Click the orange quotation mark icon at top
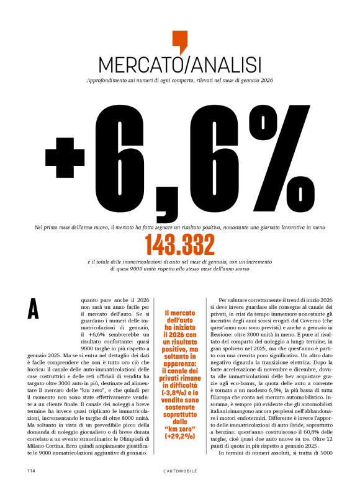tap(179, 41)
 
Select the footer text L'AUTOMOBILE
tap(179, 471)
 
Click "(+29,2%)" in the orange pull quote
tap(179, 437)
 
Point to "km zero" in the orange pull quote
tap(179, 428)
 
